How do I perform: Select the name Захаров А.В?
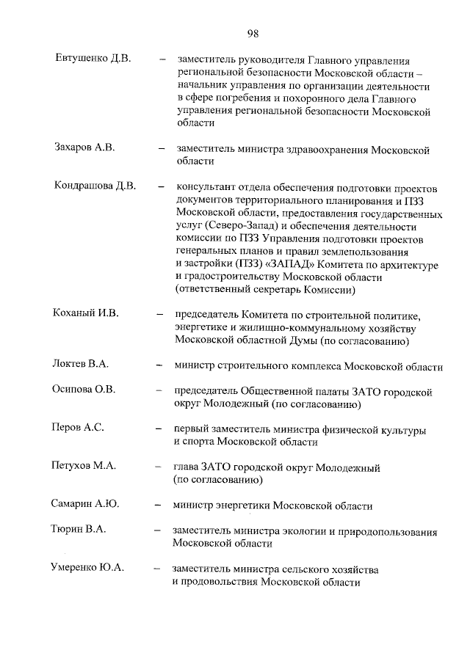(x=84, y=147)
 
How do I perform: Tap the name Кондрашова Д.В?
(x=95, y=186)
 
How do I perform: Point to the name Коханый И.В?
(x=85, y=313)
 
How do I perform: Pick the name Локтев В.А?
(x=81, y=364)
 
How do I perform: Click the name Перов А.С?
(x=77, y=428)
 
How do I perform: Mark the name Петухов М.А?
(x=84, y=466)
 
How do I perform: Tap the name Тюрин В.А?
(x=78, y=530)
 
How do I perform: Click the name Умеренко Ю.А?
(x=87, y=568)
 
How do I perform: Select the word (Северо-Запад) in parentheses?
(x=245, y=225)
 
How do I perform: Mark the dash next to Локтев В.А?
(x=159, y=364)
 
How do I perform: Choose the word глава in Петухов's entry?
(x=186, y=467)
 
